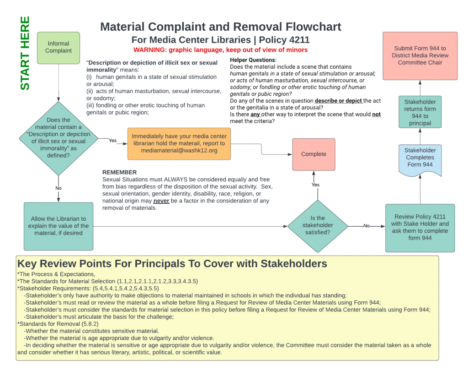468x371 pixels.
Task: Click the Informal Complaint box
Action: [x=58, y=47]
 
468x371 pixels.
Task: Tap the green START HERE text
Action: [x=25, y=53]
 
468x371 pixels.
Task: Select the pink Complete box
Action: [x=314, y=154]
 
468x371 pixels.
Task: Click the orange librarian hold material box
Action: [x=179, y=143]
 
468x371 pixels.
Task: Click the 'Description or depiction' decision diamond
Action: [x=58, y=138]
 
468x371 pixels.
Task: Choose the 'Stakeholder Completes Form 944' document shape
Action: [x=420, y=158]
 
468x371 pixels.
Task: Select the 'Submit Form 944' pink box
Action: [x=420, y=55]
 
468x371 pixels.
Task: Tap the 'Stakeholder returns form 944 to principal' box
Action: [x=420, y=112]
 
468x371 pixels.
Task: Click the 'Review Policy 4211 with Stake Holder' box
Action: [x=420, y=228]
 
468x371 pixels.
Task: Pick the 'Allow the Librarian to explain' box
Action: [x=58, y=226]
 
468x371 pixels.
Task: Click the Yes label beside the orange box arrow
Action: [x=113, y=141]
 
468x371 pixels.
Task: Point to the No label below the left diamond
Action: [x=58, y=188]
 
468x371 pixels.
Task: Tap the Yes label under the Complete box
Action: [x=315, y=185]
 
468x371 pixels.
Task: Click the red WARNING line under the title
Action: [x=220, y=49]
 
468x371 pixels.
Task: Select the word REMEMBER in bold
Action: [x=119, y=172]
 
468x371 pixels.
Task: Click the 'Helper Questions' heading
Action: [x=253, y=60]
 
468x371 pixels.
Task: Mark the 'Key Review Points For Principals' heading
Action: [x=172, y=263]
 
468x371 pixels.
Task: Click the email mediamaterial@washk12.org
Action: [x=179, y=150]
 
